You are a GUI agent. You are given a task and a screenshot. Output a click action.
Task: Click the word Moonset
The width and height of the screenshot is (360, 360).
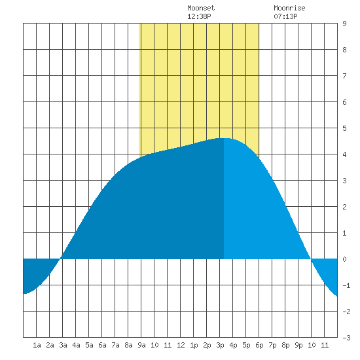coord(201,8)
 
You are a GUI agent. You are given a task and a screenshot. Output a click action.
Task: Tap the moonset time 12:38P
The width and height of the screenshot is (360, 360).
coord(199,16)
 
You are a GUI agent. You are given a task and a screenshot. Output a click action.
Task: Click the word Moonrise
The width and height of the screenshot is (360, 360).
coord(289,8)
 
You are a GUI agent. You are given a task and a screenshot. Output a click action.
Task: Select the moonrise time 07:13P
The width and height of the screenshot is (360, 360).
coord(285,16)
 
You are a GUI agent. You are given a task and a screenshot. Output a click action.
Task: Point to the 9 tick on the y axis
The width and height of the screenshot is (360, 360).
coord(344,24)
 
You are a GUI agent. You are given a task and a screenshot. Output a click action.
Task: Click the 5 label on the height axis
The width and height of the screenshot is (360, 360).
coord(344,128)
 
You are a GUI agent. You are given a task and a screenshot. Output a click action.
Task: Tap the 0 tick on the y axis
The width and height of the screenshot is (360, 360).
coord(344,259)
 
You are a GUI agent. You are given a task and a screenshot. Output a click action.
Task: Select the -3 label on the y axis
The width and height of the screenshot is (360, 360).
coord(346,338)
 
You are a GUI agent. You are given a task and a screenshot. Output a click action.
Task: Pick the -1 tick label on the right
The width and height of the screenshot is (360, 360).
coord(346,285)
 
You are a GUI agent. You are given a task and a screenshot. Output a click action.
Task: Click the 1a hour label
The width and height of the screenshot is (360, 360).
coord(37,345)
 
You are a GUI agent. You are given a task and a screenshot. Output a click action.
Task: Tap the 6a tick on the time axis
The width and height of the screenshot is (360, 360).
coord(102,345)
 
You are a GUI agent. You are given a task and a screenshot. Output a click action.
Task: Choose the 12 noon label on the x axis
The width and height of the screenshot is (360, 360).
coord(181,345)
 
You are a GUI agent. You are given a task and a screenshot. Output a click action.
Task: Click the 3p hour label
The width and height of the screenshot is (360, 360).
coord(220,345)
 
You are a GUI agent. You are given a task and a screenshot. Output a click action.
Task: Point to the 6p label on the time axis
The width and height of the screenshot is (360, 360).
coord(259,345)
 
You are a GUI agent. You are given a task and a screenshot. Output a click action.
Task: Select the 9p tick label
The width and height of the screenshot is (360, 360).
coord(298,345)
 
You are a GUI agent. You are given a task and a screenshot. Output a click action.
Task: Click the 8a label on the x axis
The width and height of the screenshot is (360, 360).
coord(128,345)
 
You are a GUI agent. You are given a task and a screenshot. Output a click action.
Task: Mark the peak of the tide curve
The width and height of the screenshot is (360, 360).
coord(224,138)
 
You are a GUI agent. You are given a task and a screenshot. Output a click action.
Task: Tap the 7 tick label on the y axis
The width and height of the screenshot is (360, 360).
coord(344,76)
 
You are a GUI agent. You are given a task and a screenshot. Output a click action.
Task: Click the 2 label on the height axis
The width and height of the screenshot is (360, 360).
coord(344,207)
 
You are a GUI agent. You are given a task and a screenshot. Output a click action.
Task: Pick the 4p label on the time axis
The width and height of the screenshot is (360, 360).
coord(233,345)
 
